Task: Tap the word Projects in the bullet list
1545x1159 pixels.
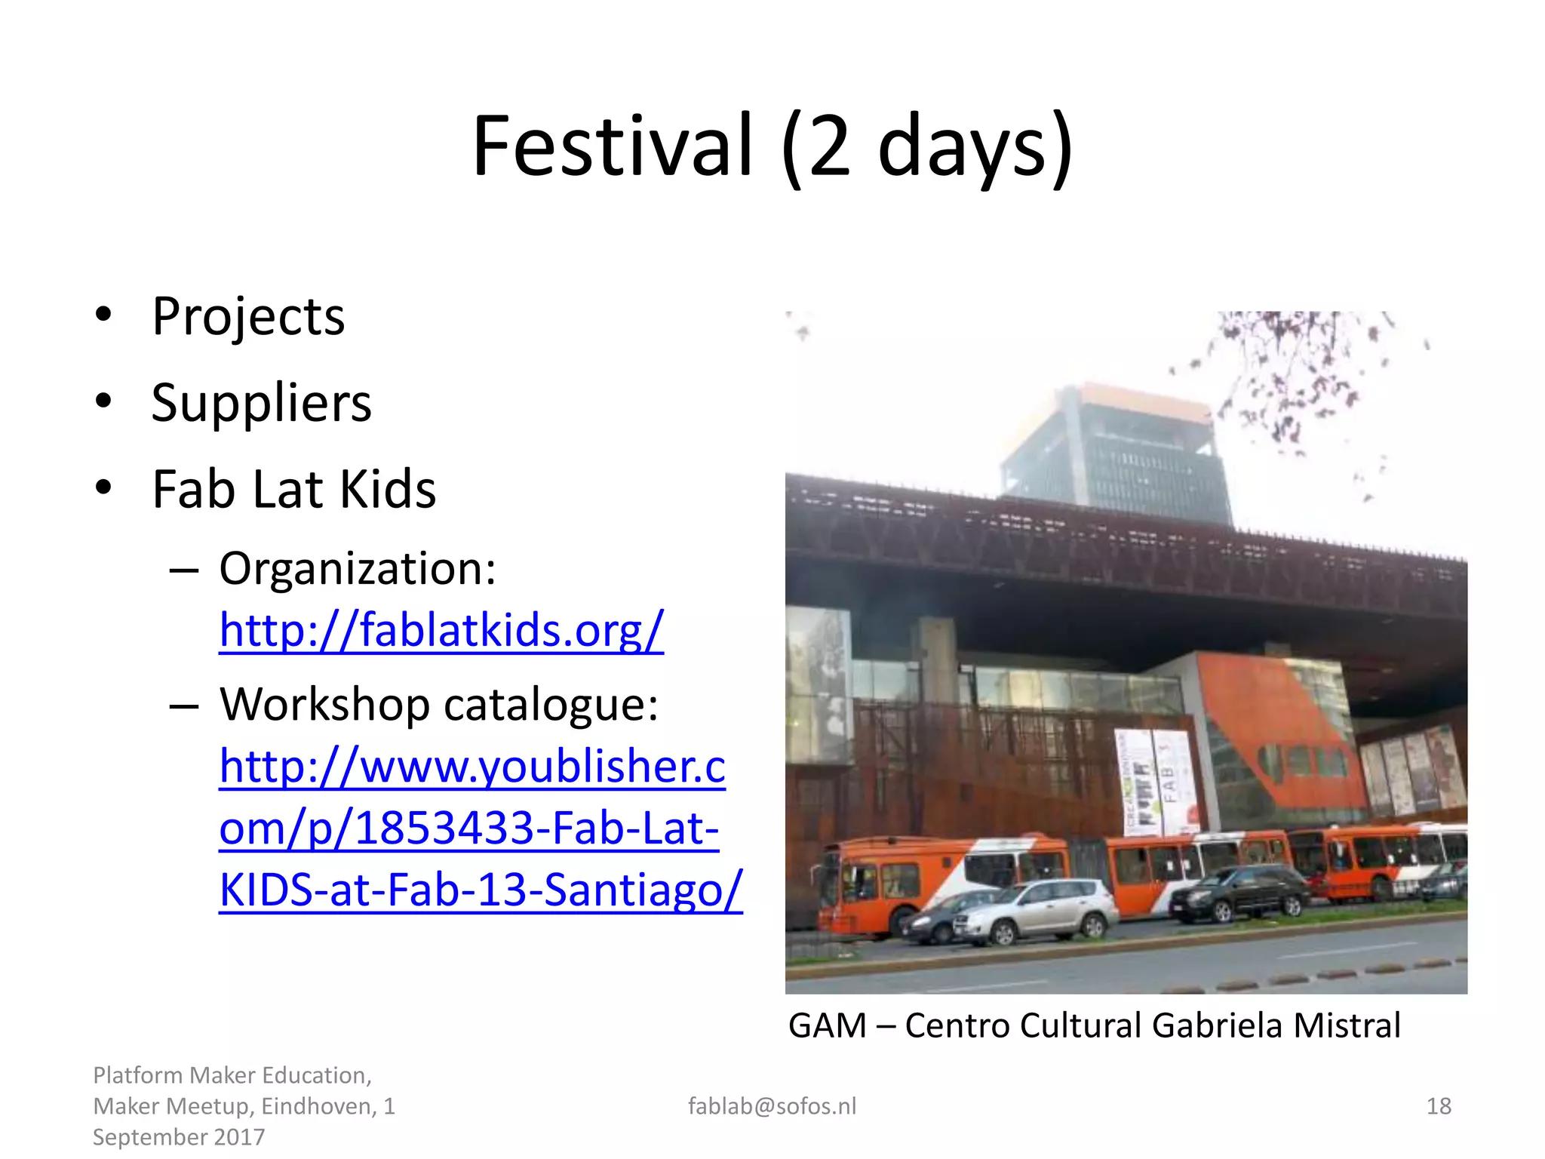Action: pyautogui.click(x=248, y=317)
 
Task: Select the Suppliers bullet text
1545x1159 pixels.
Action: pyautogui.click(x=261, y=403)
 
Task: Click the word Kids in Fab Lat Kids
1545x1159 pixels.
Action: pyautogui.click(x=388, y=490)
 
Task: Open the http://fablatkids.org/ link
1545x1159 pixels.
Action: pyautogui.click(x=441, y=630)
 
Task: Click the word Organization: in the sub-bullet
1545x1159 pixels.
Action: pyautogui.click(x=358, y=568)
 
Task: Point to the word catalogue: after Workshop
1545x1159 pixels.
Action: pyautogui.click(x=551, y=705)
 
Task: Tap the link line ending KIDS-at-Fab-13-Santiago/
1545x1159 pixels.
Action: pyautogui.click(x=481, y=890)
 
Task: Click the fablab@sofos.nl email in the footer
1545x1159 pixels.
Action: pyautogui.click(x=772, y=1106)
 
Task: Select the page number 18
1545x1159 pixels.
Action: pyautogui.click(x=1439, y=1106)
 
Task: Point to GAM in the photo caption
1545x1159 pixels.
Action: pyautogui.click(x=827, y=1026)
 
